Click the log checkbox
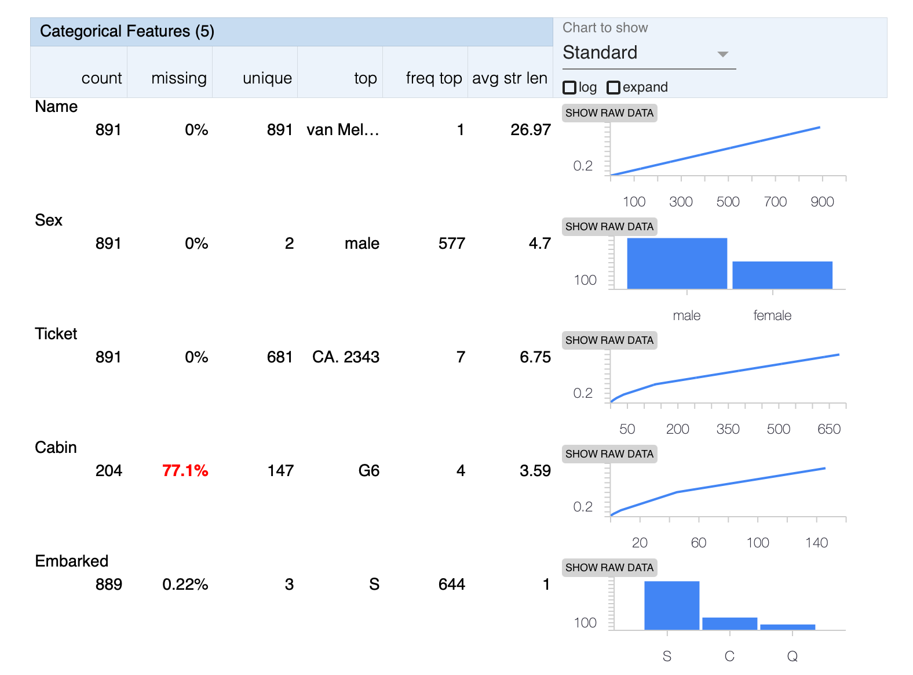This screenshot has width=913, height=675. (569, 88)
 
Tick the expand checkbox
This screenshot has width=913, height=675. (613, 88)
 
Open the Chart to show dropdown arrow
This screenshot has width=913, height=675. (722, 54)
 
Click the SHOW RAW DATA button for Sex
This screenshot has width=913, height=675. (609, 227)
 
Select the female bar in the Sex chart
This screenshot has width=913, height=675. (782, 275)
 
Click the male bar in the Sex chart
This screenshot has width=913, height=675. (677, 263)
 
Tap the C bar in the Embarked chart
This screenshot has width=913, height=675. (729, 623)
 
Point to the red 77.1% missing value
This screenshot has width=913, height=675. (185, 470)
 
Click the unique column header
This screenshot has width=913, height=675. (267, 78)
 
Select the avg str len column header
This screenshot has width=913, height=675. (509, 78)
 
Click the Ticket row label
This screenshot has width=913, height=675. (56, 333)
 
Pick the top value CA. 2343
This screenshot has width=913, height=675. (345, 357)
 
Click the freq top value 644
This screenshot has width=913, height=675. (451, 584)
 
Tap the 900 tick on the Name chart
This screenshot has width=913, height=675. (822, 202)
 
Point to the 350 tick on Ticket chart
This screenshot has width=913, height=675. (728, 429)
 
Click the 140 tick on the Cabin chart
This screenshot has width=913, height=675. (816, 543)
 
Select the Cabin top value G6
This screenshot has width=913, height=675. (368, 470)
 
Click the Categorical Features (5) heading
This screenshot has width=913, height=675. (127, 31)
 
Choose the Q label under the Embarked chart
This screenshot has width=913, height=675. (792, 656)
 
